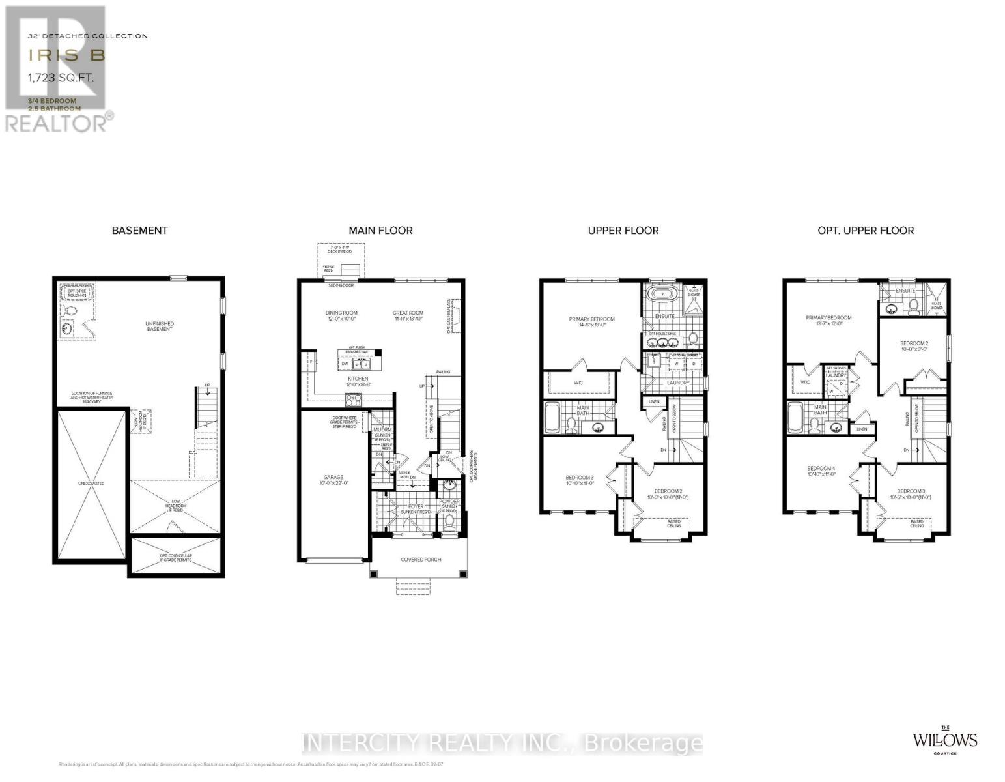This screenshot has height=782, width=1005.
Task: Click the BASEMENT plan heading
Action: click(139, 230)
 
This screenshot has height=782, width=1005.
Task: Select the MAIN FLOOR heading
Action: click(380, 230)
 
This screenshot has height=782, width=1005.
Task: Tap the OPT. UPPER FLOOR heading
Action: click(866, 230)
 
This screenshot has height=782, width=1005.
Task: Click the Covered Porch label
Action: click(421, 559)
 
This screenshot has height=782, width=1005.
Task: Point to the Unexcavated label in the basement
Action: click(91, 484)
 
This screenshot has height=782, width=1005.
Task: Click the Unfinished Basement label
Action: click(160, 326)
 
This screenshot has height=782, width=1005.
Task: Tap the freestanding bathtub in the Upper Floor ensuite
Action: click(663, 294)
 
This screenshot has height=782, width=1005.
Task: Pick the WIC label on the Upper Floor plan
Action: click(578, 383)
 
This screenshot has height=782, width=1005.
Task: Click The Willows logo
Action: click(944, 740)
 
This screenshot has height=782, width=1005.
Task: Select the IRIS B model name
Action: click(66, 56)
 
